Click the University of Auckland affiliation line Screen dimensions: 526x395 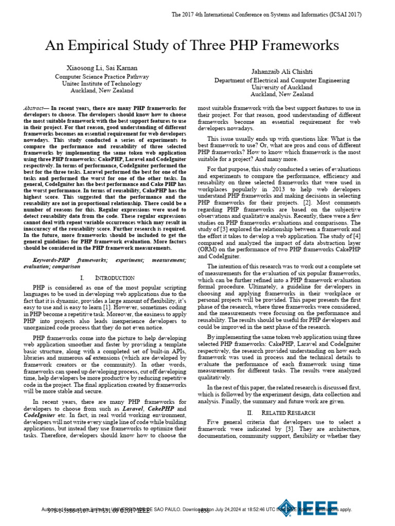(282, 87)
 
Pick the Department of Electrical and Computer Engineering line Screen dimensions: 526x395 (282, 80)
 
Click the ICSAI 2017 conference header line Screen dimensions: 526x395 (266, 14)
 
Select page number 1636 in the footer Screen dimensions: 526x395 (204, 511)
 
